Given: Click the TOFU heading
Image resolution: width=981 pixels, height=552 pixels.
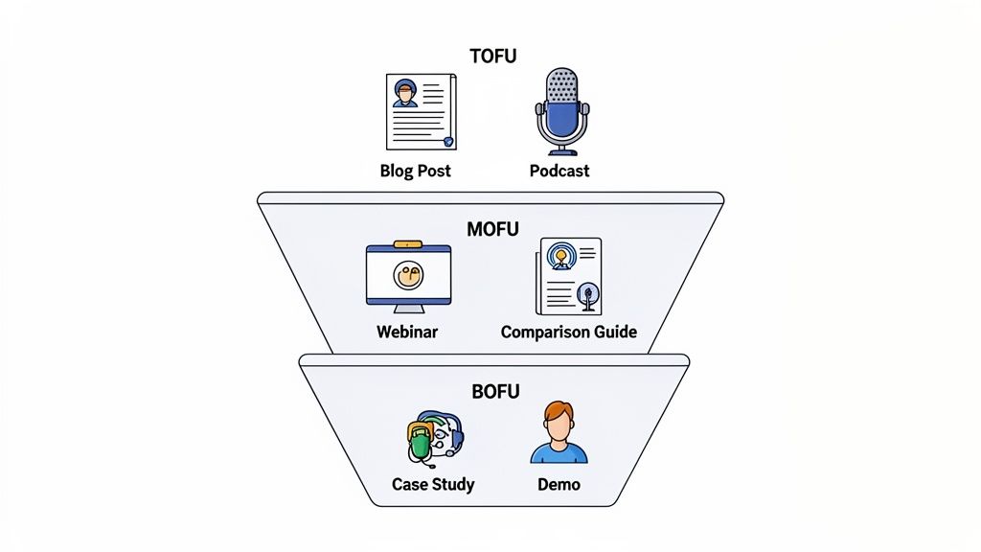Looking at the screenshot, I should [492, 57].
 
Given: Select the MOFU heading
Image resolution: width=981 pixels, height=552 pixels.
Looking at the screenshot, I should [492, 230].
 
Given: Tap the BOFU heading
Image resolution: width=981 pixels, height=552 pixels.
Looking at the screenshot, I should [495, 392].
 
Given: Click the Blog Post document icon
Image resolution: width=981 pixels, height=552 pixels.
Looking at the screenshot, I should [421, 112].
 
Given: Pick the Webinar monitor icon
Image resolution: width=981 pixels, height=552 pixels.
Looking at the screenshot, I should [408, 278].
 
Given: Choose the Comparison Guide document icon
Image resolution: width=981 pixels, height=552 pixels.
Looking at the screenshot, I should [569, 276].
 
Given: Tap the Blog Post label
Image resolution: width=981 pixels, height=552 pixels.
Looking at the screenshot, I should [415, 172].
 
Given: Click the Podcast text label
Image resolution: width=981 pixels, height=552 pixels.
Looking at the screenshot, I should [559, 172].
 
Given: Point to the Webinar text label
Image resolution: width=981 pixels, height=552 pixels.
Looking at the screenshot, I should [408, 333].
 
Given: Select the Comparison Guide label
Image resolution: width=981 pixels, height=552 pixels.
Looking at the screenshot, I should [568, 333].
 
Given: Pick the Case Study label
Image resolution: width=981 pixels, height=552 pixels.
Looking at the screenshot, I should [433, 484].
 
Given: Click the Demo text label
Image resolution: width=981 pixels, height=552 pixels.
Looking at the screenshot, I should [559, 484].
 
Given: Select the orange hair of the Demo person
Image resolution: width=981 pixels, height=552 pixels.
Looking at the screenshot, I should [559, 412].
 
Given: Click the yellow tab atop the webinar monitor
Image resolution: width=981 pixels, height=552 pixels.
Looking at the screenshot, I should [408, 245].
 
